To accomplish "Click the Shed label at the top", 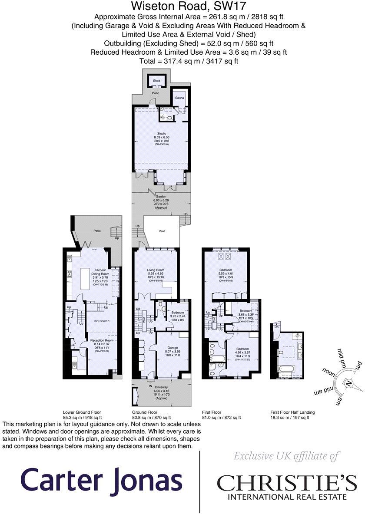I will click(x=156, y=81).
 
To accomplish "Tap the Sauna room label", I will click(x=179, y=98).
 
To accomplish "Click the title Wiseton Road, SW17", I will click(x=182, y=7).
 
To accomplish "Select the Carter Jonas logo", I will click(x=101, y=481).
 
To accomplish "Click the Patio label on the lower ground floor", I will click(x=96, y=231).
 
